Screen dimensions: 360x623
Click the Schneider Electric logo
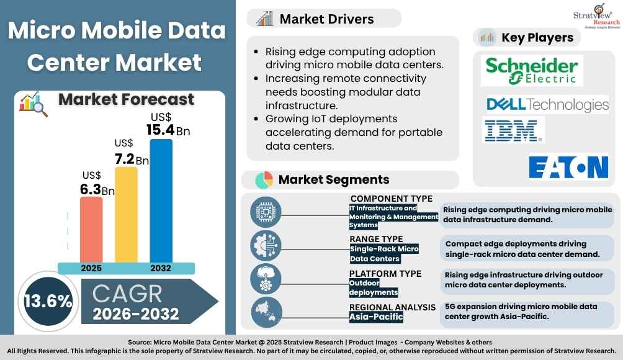[532, 70]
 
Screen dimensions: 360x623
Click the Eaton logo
[568, 167]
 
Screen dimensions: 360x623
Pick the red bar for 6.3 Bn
[91, 229]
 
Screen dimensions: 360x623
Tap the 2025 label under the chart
[91, 268]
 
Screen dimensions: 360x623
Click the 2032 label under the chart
[161, 268]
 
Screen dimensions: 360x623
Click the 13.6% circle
[48, 301]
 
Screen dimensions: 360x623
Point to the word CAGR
[128, 293]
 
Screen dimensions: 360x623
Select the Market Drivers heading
[326, 19]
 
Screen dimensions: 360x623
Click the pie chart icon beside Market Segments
[264, 180]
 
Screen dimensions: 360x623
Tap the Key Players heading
[537, 37]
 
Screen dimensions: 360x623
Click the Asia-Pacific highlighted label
[376, 317]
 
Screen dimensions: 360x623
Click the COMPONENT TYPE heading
[391, 199]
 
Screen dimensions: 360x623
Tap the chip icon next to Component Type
[266, 211]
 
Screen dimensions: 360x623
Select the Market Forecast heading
[126, 99]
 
